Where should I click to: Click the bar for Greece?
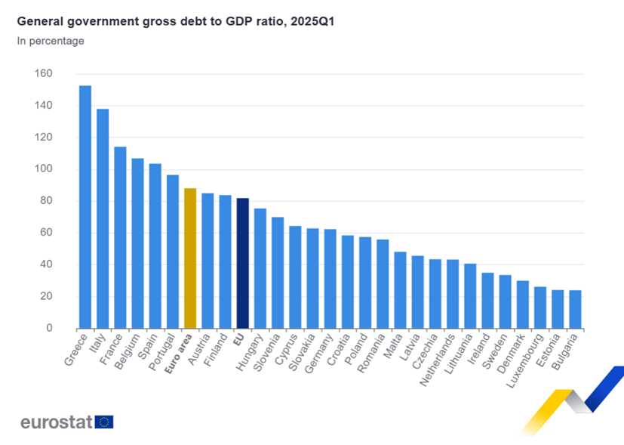[x=85, y=207]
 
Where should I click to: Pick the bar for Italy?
[x=103, y=218]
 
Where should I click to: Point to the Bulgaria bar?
[x=575, y=309]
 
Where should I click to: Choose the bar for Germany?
[x=330, y=279]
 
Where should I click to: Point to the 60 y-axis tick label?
[x=45, y=233]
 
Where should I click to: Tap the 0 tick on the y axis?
[x=48, y=328]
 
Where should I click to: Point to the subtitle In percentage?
[x=51, y=41]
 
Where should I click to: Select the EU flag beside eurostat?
[x=104, y=422]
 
